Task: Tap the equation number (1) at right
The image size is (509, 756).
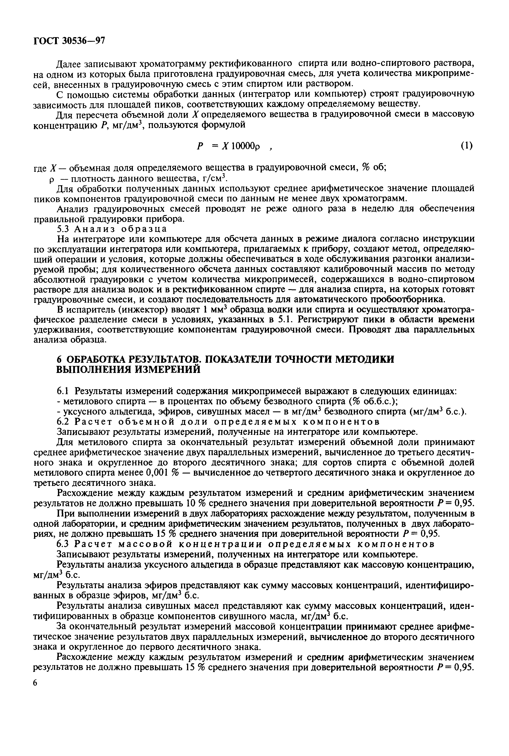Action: point(467,146)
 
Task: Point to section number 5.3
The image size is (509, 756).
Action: point(63,229)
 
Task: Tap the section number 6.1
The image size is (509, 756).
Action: point(63,391)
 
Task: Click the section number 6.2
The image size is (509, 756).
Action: point(63,422)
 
